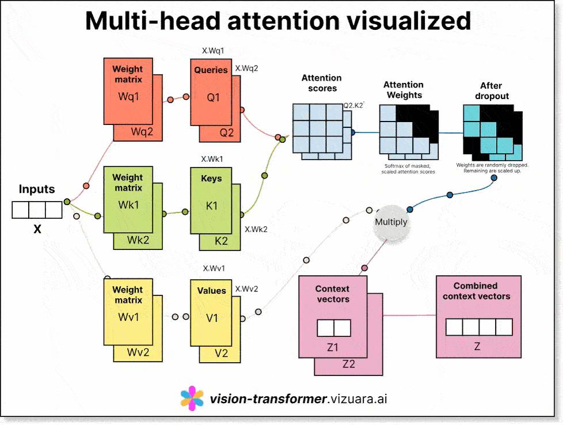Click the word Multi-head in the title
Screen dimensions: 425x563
(151, 21)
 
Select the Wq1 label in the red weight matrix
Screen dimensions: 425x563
(128, 96)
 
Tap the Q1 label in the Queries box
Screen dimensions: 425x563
(213, 97)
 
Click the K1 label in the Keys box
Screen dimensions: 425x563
(212, 205)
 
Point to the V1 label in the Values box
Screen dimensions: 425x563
(212, 317)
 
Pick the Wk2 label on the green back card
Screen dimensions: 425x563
(138, 240)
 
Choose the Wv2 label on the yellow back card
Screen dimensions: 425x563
(138, 352)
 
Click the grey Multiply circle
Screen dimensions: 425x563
(391, 222)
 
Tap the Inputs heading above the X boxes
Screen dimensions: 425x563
(37, 189)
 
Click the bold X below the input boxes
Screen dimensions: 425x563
(37, 229)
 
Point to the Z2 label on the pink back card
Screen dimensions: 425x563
(349, 364)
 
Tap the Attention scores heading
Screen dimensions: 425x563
(322, 83)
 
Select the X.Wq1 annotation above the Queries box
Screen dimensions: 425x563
(213, 51)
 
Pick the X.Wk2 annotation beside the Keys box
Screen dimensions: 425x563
(256, 229)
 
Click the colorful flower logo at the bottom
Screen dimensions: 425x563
(192, 398)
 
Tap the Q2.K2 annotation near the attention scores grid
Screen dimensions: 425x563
(353, 105)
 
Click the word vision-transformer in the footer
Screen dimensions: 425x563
(268, 398)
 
